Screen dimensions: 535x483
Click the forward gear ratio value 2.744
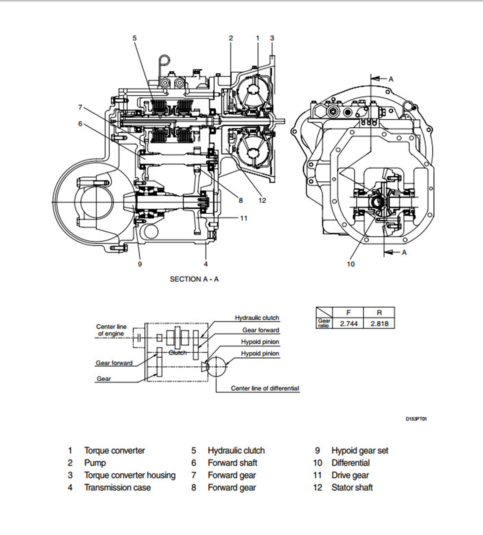(348, 323)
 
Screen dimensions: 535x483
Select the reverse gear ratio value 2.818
(379, 323)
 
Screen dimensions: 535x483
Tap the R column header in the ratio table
(379, 313)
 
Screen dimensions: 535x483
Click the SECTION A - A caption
(194, 279)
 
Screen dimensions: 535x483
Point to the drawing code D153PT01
(416, 419)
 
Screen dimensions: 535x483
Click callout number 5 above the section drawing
(135, 38)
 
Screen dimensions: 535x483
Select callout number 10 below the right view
(351, 264)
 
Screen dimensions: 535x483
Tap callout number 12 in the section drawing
(262, 200)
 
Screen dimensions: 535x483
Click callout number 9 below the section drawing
(140, 264)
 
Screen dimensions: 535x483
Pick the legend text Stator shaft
(352, 487)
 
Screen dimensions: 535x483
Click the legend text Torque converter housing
(130, 475)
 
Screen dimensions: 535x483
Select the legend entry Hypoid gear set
(360, 450)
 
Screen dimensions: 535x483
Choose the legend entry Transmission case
(117, 487)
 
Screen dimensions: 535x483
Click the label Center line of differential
(265, 388)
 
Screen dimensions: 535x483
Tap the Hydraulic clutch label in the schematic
(257, 318)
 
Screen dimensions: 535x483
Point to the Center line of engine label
(111, 330)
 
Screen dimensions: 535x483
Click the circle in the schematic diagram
(216, 366)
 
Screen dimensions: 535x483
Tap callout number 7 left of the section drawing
(80, 107)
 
